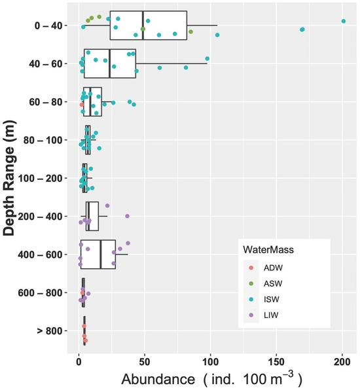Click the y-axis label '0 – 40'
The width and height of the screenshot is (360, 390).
[x=48, y=26]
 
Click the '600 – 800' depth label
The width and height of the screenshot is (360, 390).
[x=43, y=292]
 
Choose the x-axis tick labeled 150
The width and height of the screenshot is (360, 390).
[x=276, y=361]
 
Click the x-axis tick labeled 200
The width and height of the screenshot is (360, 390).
[x=342, y=361]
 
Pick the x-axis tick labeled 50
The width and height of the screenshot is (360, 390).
[x=145, y=361]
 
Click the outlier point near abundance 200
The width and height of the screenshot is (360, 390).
[x=343, y=21]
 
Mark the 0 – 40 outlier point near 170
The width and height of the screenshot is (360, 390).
[x=302, y=29]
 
